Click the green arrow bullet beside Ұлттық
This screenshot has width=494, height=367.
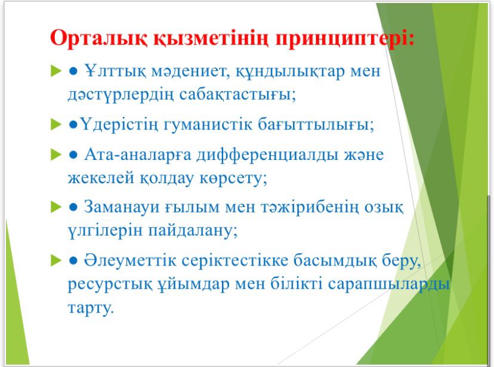pyautogui.click(x=56, y=71)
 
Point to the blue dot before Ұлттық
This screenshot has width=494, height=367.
pyautogui.click(x=73, y=72)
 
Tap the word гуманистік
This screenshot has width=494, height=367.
pyautogui.click(x=208, y=125)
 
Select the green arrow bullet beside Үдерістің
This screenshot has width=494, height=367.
pyautogui.click(x=56, y=125)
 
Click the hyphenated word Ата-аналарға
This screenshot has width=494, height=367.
pyautogui.click(x=138, y=155)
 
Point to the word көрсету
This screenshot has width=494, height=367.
pyautogui.click(x=233, y=178)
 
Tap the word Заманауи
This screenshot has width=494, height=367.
pyautogui.click(x=121, y=208)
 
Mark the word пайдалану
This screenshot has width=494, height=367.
pyautogui.click(x=193, y=231)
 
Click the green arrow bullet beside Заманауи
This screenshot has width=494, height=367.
pyautogui.click(x=56, y=207)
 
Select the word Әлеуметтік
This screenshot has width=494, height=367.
pyautogui.click(x=129, y=261)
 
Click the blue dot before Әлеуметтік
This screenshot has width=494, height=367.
pyautogui.click(x=73, y=261)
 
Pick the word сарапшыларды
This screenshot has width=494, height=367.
pyautogui.click(x=388, y=285)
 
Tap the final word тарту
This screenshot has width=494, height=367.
pyautogui.click(x=91, y=307)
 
